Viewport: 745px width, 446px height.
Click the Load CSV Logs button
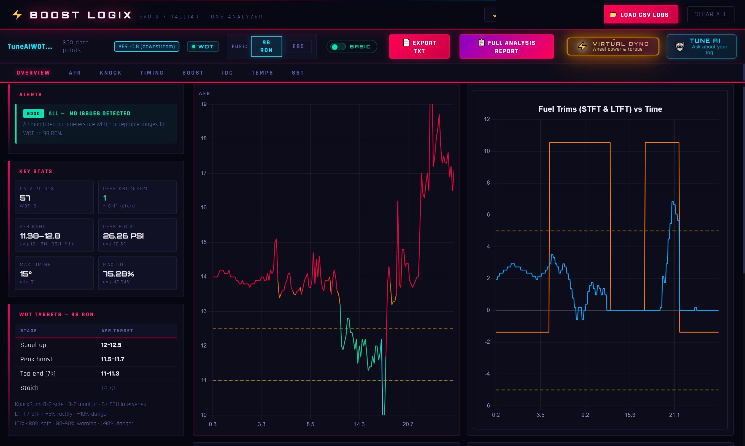[x=641, y=14]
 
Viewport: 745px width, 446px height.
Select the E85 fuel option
[x=298, y=46]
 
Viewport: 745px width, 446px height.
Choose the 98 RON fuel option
[x=266, y=46]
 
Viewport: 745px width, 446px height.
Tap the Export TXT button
[x=419, y=46]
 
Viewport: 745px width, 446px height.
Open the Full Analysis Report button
[x=506, y=46]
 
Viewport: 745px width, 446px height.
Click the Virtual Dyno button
[x=612, y=46]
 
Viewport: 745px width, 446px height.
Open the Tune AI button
[x=701, y=46]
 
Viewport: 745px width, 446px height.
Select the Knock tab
[x=111, y=73]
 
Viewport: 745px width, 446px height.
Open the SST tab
[x=298, y=73]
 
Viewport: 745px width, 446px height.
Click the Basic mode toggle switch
[x=338, y=46]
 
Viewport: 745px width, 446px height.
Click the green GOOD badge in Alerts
[x=33, y=113]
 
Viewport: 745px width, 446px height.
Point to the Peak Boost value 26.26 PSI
[x=123, y=236]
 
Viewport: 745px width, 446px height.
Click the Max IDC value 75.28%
[x=118, y=274]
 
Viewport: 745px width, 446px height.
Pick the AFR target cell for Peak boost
[x=112, y=359]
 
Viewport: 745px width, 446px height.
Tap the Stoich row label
[x=29, y=388]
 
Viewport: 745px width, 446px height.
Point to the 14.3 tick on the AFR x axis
[x=359, y=424]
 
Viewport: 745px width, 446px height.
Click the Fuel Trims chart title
[x=600, y=109]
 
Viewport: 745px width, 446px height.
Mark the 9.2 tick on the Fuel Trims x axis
[x=585, y=415]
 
